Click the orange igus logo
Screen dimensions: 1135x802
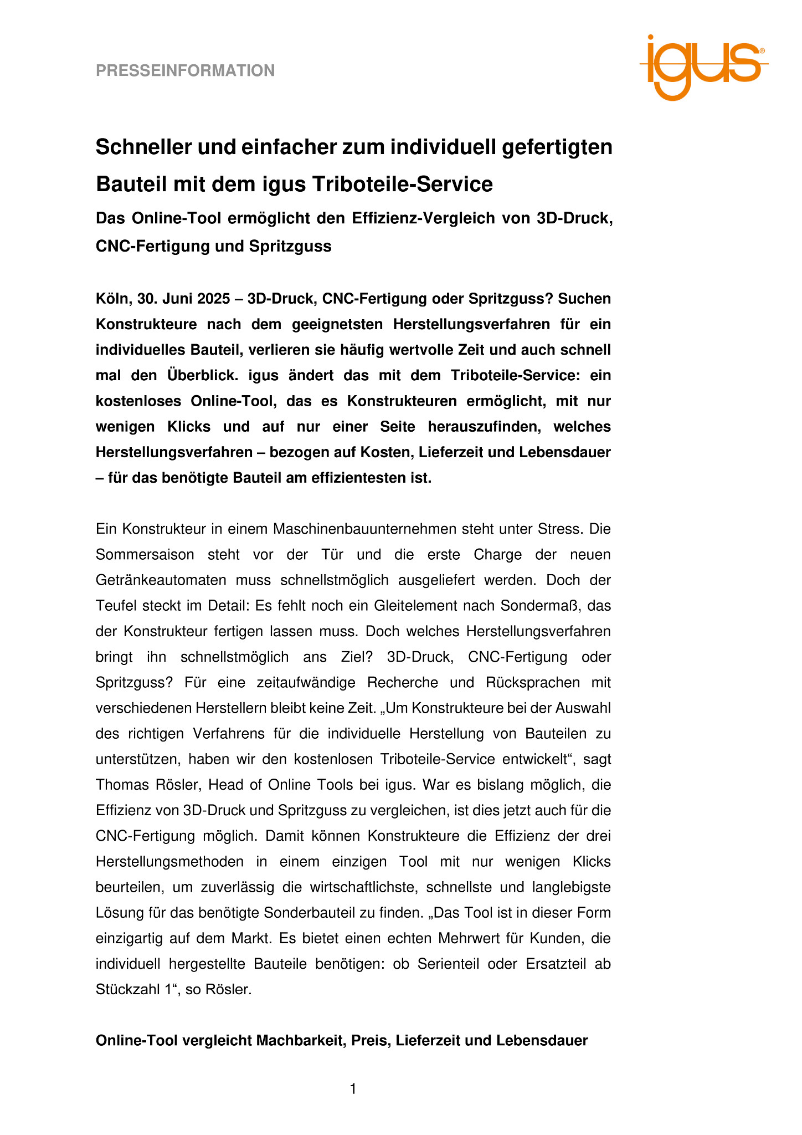(703, 68)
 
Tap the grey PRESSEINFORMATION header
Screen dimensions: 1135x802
(185, 71)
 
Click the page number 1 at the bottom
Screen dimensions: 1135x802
(353, 1089)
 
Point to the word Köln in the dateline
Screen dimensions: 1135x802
(112, 299)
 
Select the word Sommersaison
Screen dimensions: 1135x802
(145, 555)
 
